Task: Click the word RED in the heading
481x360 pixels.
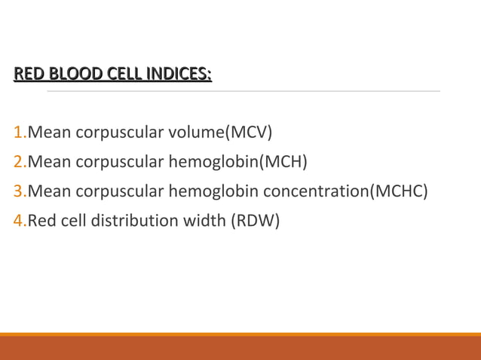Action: tap(29, 74)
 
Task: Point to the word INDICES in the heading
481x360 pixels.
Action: tap(179, 74)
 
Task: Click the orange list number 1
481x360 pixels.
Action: tap(18, 133)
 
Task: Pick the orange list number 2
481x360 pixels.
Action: tap(18, 162)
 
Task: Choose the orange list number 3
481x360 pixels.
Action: tap(18, 191)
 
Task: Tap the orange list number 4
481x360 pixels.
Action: tap(18, 221)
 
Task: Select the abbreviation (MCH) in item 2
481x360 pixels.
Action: tap(283, 162)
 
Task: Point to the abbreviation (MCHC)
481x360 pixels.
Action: tap(398, 191)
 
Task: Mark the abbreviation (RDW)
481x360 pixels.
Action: tap(256, 221)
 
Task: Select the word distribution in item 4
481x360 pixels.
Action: tap(132, 221)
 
